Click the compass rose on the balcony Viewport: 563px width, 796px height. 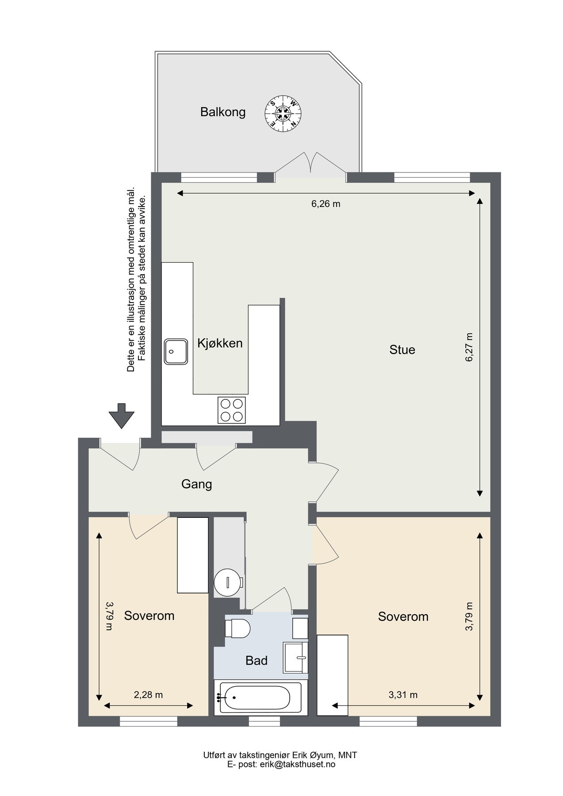point(283,112)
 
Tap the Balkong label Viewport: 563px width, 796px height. point(222,112)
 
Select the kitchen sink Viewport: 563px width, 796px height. point(176,352)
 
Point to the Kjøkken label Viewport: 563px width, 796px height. point(220,343)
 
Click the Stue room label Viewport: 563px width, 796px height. point(402,350)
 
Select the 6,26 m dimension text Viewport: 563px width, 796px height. point(326,204)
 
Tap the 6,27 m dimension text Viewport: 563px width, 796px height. point(469,347)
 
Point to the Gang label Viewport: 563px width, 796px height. point(196,484)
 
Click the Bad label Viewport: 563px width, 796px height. point(257,661)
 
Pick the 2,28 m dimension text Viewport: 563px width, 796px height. point(148,695)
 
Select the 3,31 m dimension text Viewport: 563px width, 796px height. point(402,695)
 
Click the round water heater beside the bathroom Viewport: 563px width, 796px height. point(228,582)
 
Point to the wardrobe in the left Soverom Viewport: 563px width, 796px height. point(192,555)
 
